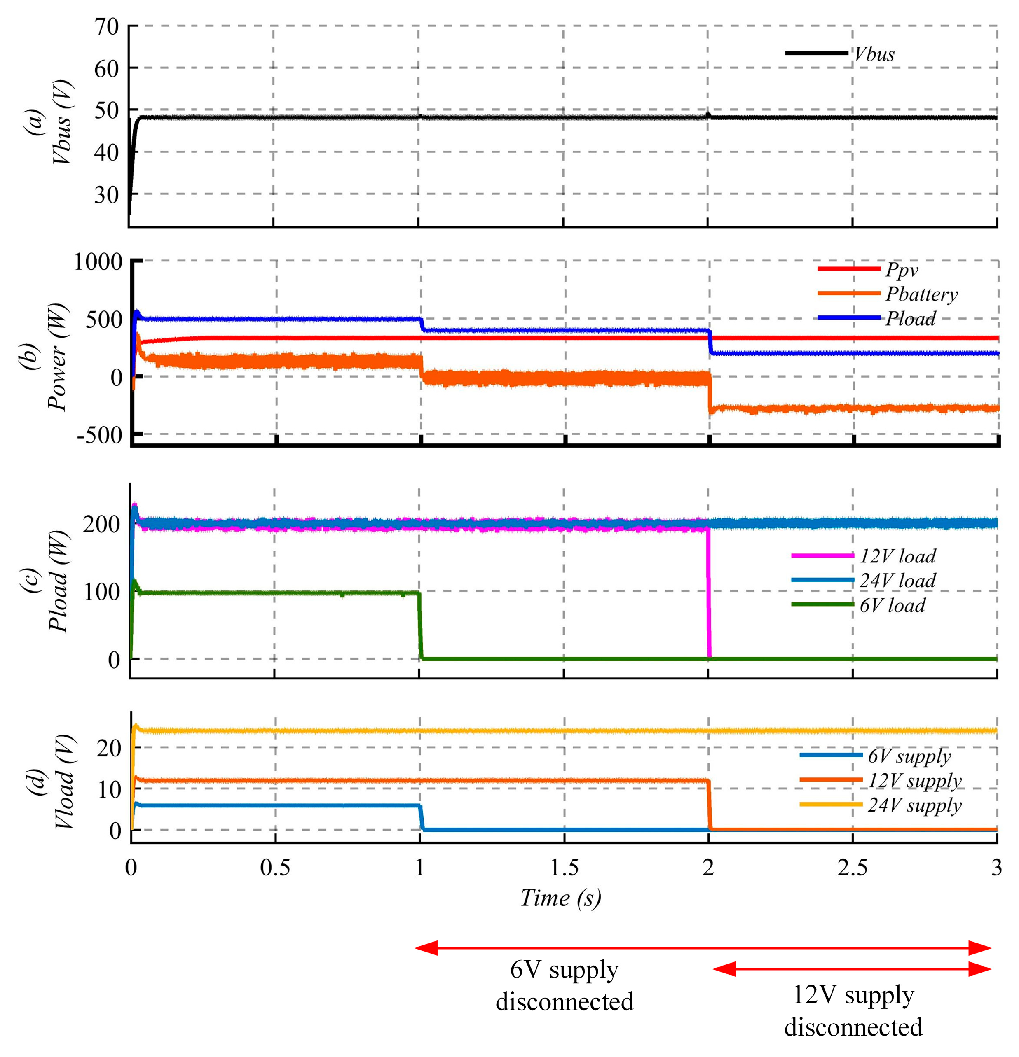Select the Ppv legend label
tap(901, 269)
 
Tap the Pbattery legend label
tap(921, 294)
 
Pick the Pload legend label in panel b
tap(910, 318)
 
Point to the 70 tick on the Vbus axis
tap(106, 26)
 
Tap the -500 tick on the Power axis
tap(100, 435)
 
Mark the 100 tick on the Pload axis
tap(101, 592)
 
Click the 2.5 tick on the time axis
tap(852, 868)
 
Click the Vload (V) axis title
tap(64, 782)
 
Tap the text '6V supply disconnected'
tap(564, 985)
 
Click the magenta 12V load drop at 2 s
tap(708, 593)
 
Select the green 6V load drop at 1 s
tap(419, 625)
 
